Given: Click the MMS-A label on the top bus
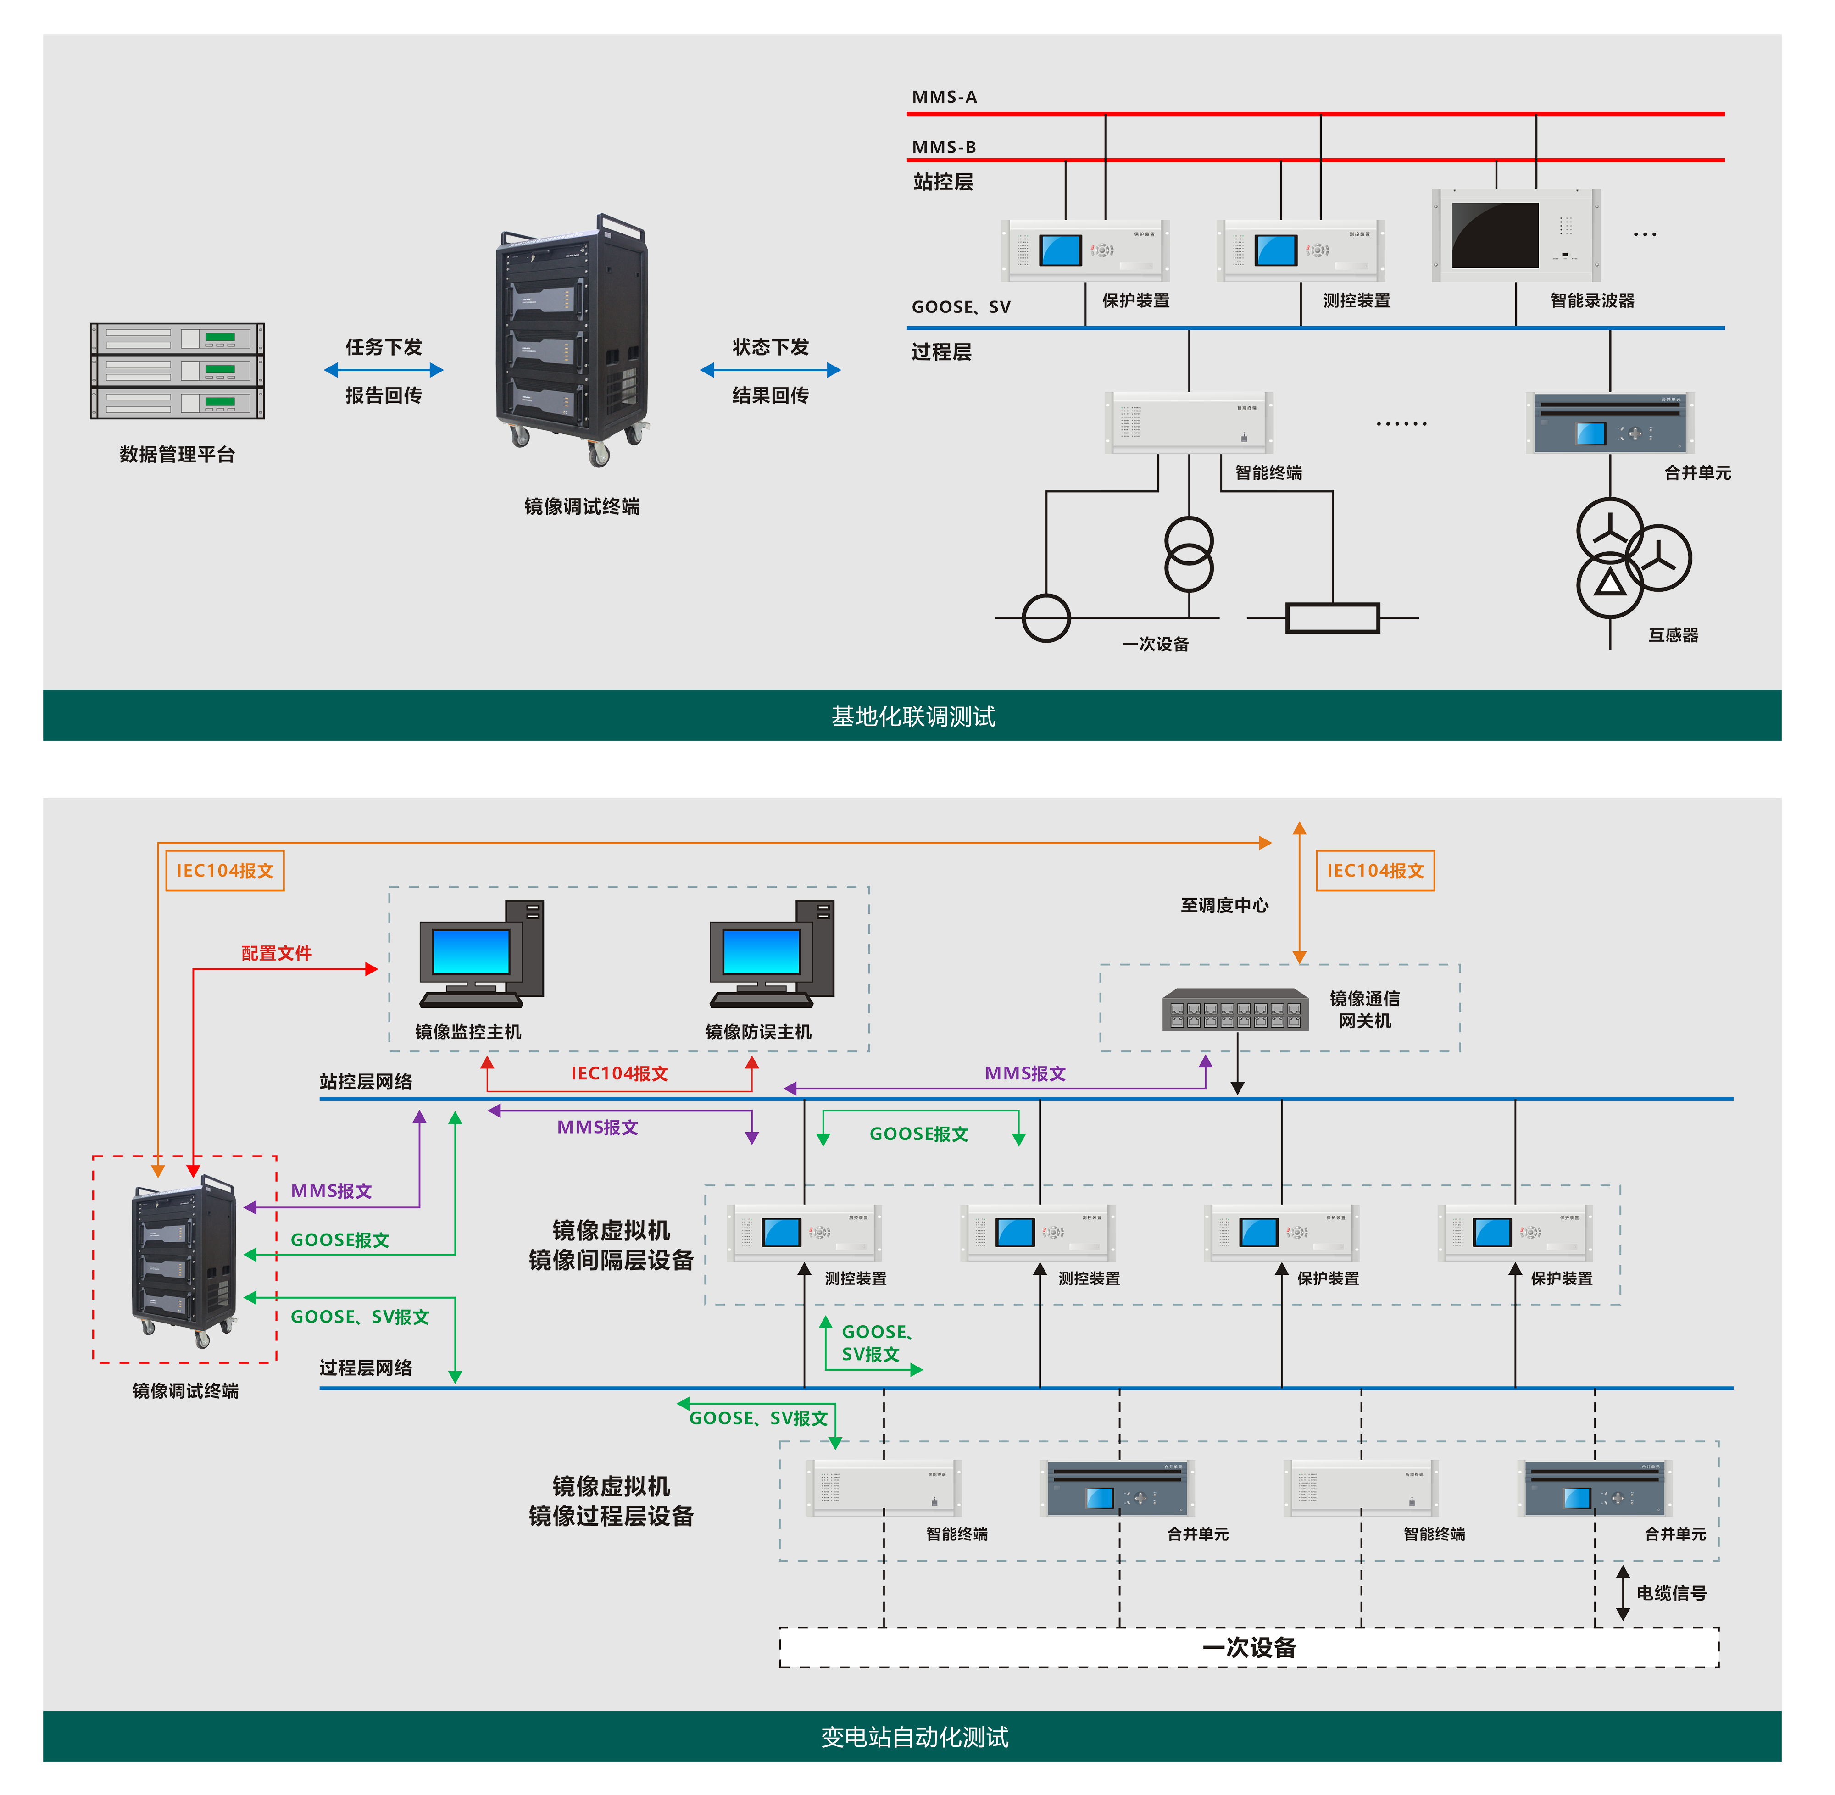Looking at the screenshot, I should pos(944,97).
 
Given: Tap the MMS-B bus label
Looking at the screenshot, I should pos(943,147).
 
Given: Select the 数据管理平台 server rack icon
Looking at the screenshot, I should pos(177,372).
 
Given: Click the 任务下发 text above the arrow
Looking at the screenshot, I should pos(383,347).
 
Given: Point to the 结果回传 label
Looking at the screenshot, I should pos(770,395).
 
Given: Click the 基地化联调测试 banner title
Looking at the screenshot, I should pos(913,717).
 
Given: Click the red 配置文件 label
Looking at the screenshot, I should pos(276,953).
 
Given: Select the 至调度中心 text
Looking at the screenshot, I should pos(1224,905).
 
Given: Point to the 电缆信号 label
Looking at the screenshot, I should pos(1671,1593).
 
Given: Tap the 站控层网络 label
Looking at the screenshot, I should pos(366,1081).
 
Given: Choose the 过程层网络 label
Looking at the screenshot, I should pos(366,1368).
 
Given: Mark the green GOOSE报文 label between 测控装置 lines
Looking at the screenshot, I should pos(918,1134).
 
